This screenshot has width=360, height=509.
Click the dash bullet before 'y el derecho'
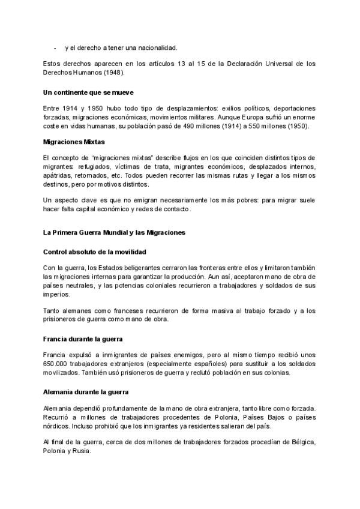[55, 47]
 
